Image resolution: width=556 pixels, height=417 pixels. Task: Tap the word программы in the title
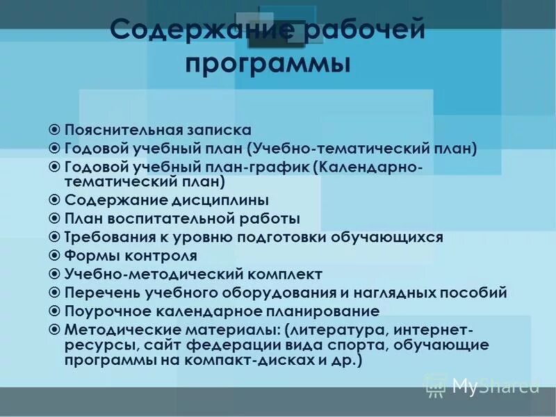[268, 64]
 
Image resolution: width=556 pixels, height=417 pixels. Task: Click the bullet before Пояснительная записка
[55, 130]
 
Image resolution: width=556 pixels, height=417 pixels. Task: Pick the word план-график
[253, 167]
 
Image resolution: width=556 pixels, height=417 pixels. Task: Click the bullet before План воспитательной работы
[55, 219]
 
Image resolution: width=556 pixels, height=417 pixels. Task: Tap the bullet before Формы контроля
[55, 255]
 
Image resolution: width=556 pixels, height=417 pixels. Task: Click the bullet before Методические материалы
[55, 328]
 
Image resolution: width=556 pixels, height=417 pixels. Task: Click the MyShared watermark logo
[482, 384]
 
